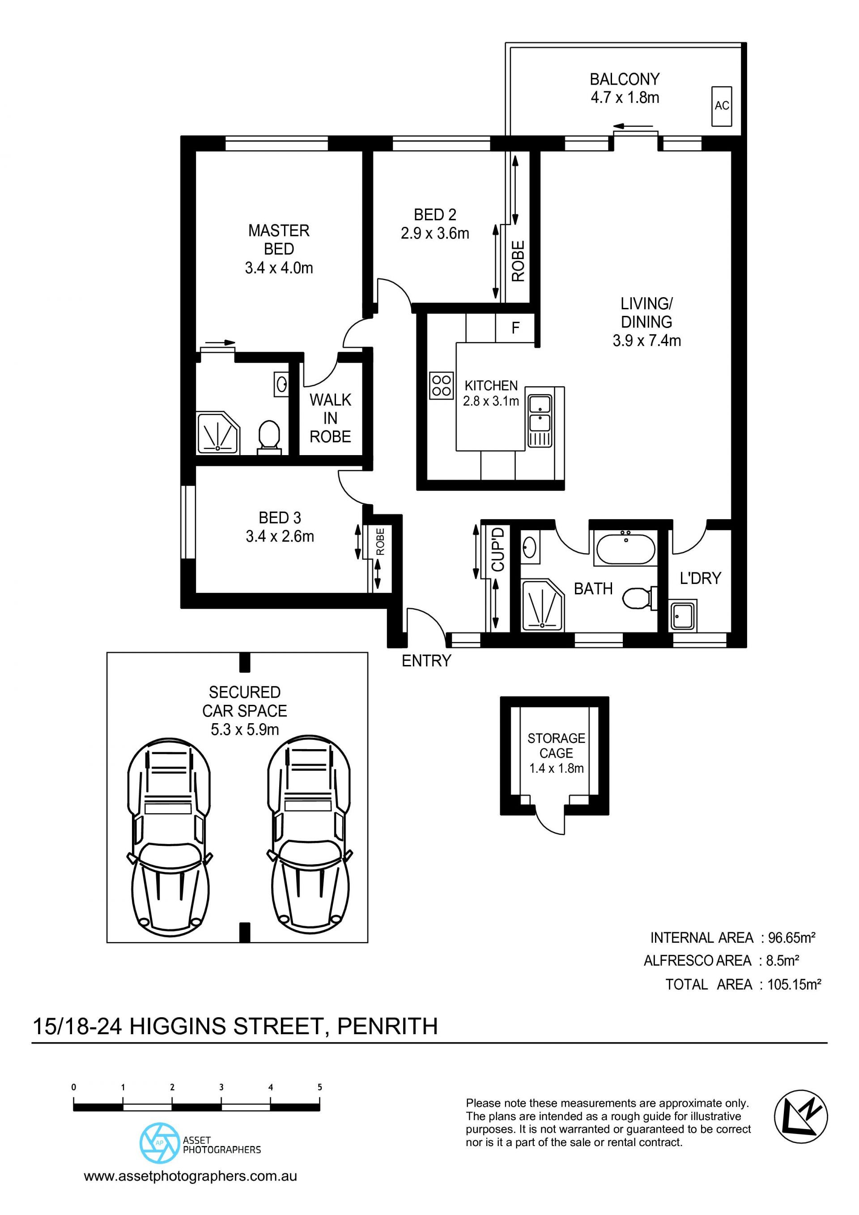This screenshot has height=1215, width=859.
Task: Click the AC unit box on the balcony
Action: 722,106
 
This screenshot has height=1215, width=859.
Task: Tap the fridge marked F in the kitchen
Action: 515,328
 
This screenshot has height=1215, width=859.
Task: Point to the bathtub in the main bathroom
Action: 626,549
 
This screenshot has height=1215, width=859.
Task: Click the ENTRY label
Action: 426,661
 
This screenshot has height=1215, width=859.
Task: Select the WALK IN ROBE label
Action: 330,418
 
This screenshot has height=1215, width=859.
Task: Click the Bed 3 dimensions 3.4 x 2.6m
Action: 280,537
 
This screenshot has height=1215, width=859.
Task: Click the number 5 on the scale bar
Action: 319,1087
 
